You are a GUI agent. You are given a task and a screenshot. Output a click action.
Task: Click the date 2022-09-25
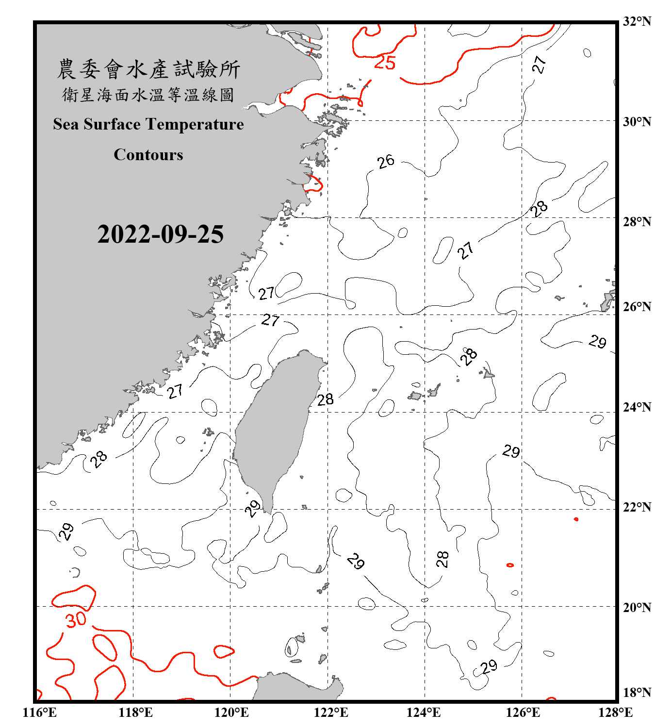(160, 234)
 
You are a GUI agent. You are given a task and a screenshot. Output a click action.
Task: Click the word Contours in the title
(148, 155)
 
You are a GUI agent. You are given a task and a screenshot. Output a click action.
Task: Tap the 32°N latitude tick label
(637, 21)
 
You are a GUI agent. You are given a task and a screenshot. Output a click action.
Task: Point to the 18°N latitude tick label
(637, 693)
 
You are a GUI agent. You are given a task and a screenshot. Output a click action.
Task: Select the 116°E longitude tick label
(39, 712)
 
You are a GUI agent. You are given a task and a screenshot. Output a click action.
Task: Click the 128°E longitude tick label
(615, 712)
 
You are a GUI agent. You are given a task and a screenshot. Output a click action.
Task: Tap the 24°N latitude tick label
(637, 407)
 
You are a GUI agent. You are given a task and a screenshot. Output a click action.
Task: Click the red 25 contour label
(385, 63)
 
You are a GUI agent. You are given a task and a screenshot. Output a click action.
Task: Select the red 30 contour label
(76, 620)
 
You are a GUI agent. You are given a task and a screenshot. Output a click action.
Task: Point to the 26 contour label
(386, 162)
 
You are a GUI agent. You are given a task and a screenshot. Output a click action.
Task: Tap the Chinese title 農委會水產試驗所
(148, 69)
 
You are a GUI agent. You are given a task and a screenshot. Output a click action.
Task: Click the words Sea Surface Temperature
(148, 124)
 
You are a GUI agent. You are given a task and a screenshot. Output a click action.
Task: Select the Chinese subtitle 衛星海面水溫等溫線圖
(148, 95)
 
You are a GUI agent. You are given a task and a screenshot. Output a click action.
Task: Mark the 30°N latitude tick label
(637, 122)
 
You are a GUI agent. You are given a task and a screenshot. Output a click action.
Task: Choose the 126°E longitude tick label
(523, 712)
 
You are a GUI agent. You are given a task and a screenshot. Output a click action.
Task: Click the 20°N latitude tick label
(637, 607)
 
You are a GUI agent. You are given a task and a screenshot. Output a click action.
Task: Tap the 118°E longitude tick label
(135, 712)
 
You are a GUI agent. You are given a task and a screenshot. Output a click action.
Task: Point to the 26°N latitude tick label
(637, 307)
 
